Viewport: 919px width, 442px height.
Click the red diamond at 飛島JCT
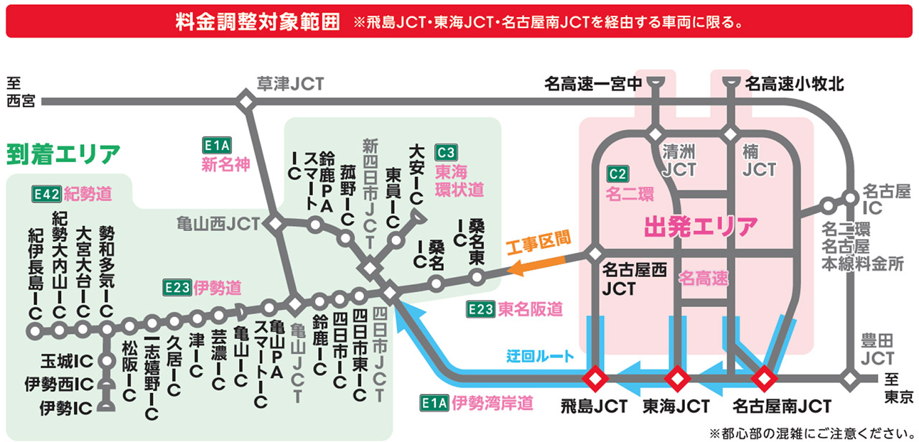[x=595, y=377]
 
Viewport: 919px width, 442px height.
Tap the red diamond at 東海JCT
[x=676, y=377]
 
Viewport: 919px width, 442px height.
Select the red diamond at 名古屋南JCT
[x=762, y=377]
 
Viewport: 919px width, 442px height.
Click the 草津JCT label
[x=291, y=84]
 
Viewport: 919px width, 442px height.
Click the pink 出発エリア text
[x=701, y=227]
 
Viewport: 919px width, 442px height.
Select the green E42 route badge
[x=46, y=193]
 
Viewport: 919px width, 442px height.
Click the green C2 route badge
[x=617, y=173]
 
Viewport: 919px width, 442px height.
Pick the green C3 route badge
[x=446, y=152]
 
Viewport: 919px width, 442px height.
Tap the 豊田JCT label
[x=877, y=349]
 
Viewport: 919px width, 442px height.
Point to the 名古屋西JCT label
[x=634, y=279]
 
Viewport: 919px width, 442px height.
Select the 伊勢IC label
[x=67, y=408]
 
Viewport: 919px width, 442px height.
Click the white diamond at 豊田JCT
[x=851, y=377]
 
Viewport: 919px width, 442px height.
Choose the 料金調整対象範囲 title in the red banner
[x=257, y=21]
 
